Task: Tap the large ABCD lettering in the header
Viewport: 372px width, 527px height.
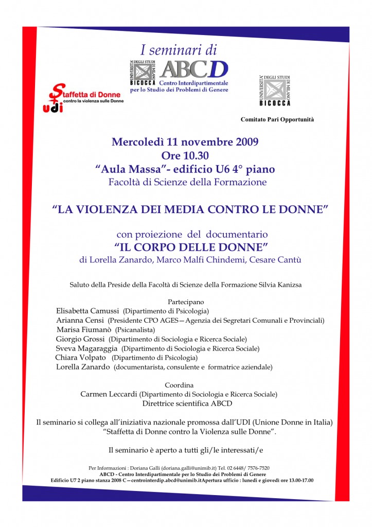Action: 193,69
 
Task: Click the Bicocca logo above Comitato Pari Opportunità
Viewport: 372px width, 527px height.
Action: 274,90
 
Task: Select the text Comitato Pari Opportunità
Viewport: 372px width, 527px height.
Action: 277,119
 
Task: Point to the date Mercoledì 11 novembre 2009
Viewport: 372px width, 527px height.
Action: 185,142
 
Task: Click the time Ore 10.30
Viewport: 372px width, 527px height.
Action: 185,155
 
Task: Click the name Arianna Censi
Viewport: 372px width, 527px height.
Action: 80,320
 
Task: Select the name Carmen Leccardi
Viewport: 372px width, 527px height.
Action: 109,394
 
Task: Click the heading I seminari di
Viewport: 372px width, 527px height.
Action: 179,50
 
